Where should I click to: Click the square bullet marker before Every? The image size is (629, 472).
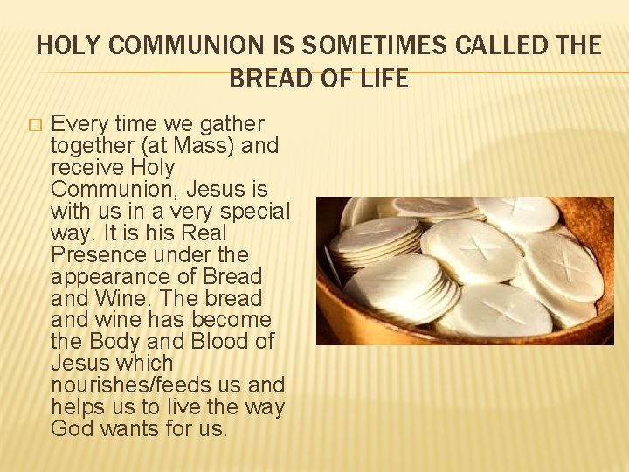coord(34,125)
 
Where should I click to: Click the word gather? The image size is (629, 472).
coord(231,124)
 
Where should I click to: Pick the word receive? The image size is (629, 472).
coord(86,168)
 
